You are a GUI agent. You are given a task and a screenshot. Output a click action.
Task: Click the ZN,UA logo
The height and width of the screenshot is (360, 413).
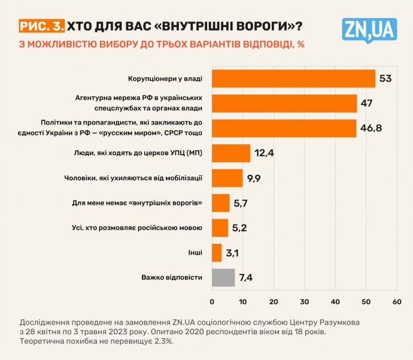pos(369,28)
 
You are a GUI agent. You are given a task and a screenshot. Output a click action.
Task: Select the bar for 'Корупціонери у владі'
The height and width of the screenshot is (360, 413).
pos(293,79)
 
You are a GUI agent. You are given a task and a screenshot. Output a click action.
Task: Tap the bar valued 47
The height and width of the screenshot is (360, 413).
pos(284,104)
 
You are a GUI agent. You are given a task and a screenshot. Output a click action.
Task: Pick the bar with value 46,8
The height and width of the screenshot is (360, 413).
pos(284,129)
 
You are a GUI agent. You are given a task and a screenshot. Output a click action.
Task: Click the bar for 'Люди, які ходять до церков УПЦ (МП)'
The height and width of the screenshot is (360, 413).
pos(231,153)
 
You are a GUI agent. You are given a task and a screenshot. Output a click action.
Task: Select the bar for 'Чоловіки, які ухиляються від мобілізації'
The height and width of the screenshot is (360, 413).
pos(227,179)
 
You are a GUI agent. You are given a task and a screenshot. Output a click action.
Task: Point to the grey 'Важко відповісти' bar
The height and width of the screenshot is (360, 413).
pos(223,278)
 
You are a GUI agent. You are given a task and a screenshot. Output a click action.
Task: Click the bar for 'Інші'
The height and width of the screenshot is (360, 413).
pos(217,253)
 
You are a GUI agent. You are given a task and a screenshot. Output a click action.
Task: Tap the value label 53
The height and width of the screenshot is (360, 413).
pos(385,79)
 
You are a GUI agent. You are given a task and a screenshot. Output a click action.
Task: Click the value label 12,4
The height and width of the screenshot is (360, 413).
pos(263,154)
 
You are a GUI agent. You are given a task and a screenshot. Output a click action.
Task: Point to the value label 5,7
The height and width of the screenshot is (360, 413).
pos(241,204)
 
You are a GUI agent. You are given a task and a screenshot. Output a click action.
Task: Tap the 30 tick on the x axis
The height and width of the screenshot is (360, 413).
pos(304,301)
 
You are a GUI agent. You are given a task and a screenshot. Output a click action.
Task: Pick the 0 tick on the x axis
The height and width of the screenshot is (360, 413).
pos(212,301)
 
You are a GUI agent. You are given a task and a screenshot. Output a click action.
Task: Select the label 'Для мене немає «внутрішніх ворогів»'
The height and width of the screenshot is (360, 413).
pos(137,203)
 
